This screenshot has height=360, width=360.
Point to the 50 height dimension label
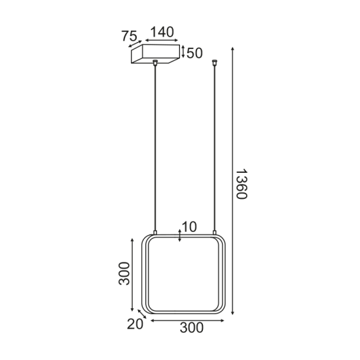(194, 53)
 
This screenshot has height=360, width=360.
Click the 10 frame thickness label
(190, 227)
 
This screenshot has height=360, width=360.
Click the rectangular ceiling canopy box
(154, 54)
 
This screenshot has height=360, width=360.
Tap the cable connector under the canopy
(155, 63)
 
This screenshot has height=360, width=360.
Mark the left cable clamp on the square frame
(155, 234)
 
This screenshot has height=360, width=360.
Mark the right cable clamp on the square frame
(214, 234)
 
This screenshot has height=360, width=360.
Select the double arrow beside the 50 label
(183, 52)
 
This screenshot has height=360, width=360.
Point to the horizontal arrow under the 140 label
(161, 41)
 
